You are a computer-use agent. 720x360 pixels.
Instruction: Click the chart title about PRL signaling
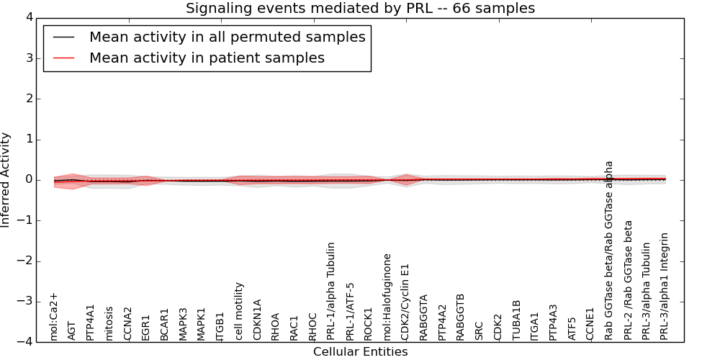(360, 9)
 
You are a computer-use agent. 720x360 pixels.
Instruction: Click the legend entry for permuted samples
(227, 37)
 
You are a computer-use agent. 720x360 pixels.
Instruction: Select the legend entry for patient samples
(207, 58)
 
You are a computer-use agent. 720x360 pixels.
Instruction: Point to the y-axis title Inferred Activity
(6, 180)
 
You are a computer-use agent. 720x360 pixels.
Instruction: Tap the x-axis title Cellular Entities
(360, 351)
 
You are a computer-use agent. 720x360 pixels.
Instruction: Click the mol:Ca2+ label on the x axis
(54, 316)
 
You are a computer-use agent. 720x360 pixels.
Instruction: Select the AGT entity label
(72, 330)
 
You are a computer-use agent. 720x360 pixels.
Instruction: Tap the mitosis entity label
(109, 323)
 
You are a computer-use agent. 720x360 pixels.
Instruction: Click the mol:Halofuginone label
(387, 296)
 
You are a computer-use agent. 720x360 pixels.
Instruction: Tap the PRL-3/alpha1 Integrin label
(665, 286)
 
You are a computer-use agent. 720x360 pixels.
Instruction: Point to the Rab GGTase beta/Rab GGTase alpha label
(609, 250)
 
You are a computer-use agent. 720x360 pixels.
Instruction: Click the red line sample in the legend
(64, 58)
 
